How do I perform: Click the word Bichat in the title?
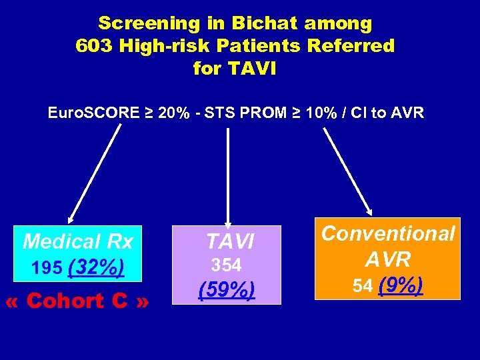[x=265, y=23]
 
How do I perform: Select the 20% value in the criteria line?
[x=173, y=112]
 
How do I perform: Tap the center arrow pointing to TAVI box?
[x=228, y=177]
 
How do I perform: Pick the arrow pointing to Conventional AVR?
[x=348, y=171]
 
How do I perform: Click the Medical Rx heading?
[x=78, y=241]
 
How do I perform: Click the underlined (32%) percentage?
[x=96, y=267]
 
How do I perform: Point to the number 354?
[x=226, y=265]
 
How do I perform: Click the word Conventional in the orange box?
[x=389, y=233]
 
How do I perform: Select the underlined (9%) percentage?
[x=400, y=285]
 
